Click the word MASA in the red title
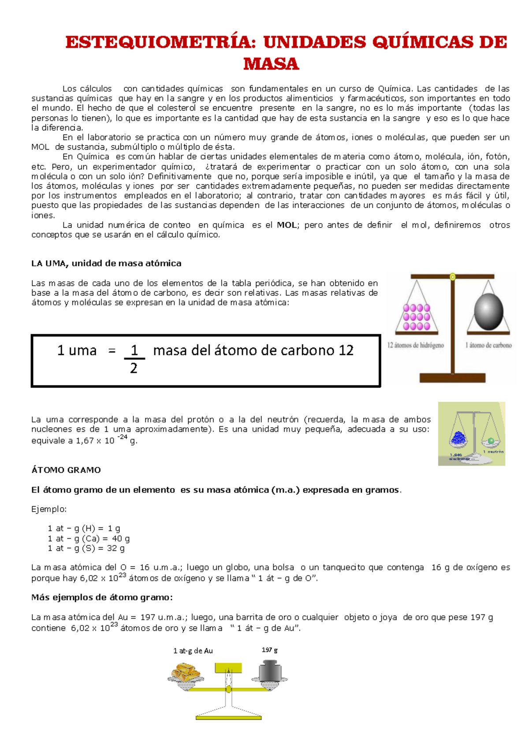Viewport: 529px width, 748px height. pyautogui.click(x=271, y=64)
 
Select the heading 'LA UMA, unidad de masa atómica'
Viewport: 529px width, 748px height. pyautogui.click(x=106, y=263)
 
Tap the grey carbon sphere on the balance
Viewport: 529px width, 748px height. pyautogui.click(x=488, y=311)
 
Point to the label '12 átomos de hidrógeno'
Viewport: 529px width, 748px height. pyautogui.click(x=416, y=345)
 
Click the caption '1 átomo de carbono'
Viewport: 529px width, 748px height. pyautogui.click(x=488, y=345)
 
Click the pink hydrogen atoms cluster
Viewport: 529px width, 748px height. pyautogui.click(x=417, y=317)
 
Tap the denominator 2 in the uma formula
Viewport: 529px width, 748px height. pyautogui.click(x=134, y=368)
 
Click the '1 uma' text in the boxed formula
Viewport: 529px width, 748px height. pyautogui.click(x=77, y=351)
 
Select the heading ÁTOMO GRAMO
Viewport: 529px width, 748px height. pyautogui.click(x=66, y=470)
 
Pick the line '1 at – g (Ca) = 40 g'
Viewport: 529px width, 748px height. pyautogui.click(x=89, y=539)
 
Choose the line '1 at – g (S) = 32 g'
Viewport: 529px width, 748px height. pyautogui.click(x=86, y=548)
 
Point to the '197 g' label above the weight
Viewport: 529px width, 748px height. pyautogui.click(x=269, y=650)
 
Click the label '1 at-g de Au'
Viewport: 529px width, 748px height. pyautogui.click(x=193, y=651)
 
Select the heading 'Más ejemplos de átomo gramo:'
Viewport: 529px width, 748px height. pyautogui.click(x=102, y=598)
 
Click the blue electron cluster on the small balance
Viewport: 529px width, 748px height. pyautogui.click(x=459, y=438)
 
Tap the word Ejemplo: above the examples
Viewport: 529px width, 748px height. pyautogui.click(x=49, y=509)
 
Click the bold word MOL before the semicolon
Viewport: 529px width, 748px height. pyautogui.click(x=287, y=225)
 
